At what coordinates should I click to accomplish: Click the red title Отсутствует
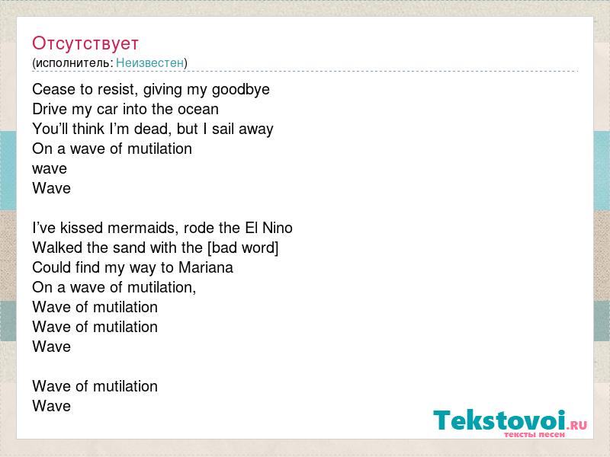[x=85, y=43]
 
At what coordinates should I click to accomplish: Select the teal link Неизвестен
[x=149, y=62]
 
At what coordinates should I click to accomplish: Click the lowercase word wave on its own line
[x=50, y=169]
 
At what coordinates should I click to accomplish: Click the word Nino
[x=278, y=228]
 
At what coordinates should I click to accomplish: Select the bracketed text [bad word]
[x=243, y=248]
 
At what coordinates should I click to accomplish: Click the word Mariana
[x=206, y=267]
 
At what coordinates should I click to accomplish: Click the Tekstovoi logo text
[x=499, y=420]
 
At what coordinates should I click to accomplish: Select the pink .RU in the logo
[x=576, y=425]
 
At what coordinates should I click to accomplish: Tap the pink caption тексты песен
[x=535, y=434]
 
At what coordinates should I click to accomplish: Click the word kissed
[x=82, y=228]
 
